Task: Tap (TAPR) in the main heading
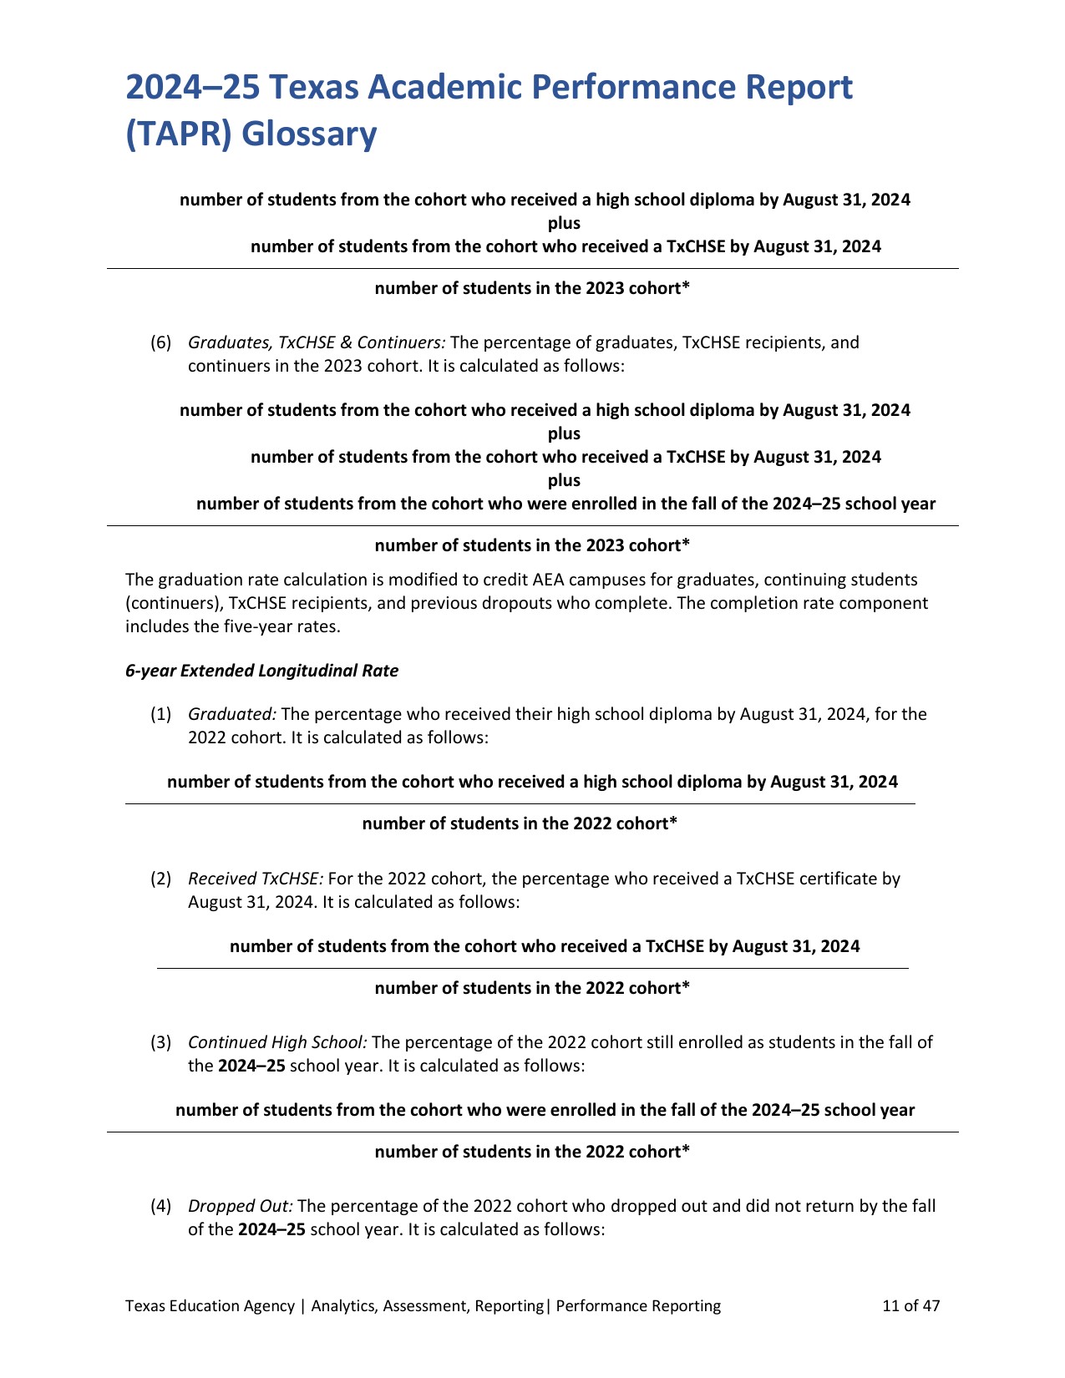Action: pyautogui.click(x=175, y=134)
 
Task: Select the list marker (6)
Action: pyautogui.click(x=160, y=342)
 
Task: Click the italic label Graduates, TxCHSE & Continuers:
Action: pyautogui.click(x=317, y=342)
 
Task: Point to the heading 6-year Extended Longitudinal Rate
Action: pyautogui.click(x=261, y=671)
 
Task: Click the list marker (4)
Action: pyautogui.click(x=160, y=1206)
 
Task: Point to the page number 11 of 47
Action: pyautogui.click(x=911, y=1305)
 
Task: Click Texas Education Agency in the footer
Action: pyautogui.click(x=210, y=1305)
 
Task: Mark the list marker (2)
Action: pyautogui.click(x=160, y=879)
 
